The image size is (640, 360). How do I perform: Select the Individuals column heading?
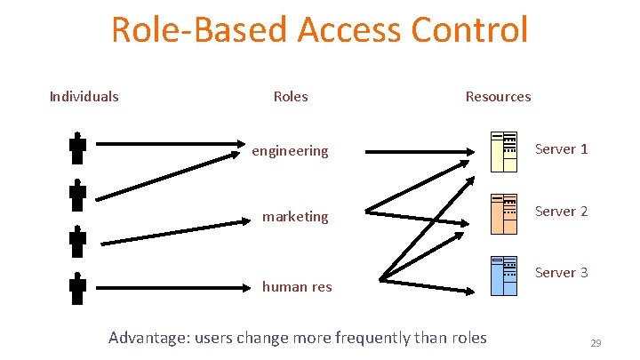coord(84,96)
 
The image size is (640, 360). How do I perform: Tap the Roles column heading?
coord(291,96)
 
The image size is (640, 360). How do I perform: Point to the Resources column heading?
coord(498,96)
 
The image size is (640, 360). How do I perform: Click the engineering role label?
coord(290,151)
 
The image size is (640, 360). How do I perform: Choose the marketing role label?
coord(295,216)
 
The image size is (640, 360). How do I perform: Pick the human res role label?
coord(296,286)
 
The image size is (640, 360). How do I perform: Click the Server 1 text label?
coord(561,148)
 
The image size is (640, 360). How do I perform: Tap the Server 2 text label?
coord(561,211)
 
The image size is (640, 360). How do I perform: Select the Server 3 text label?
coord(561,272)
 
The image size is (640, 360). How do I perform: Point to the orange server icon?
coord(504,212)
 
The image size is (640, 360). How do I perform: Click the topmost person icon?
coord(77,148)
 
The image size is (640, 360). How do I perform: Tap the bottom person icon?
coord(77,289)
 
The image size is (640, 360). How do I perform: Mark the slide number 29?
coord(596,342)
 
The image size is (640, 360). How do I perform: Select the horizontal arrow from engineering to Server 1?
coord(418,152)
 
